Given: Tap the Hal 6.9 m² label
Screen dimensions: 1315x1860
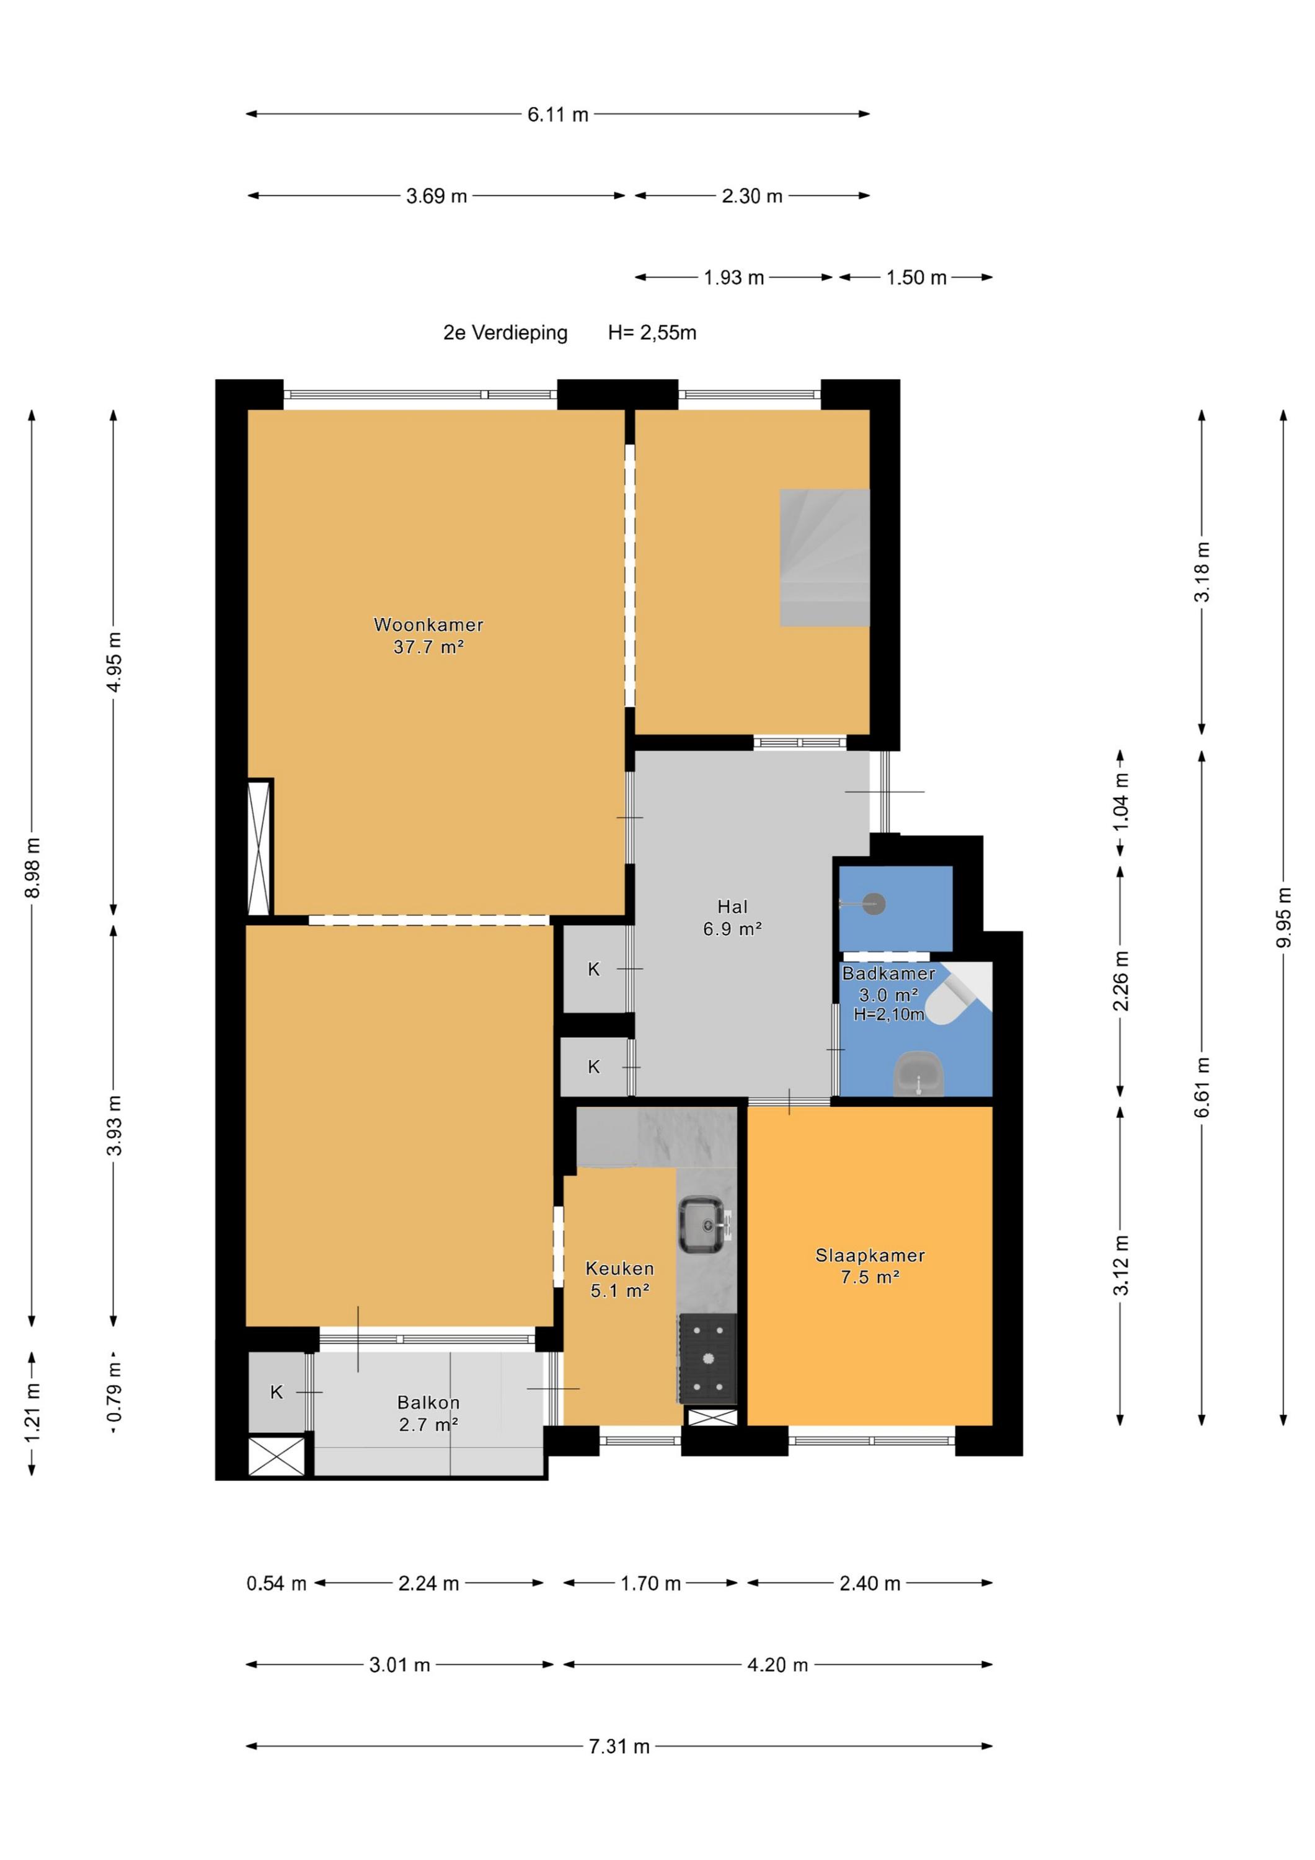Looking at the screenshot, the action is click(x=732, y=918).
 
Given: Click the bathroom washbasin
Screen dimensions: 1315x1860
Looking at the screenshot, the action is click(x=919, y=1074).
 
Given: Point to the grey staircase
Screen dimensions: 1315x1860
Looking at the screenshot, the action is click(x=824, y=557).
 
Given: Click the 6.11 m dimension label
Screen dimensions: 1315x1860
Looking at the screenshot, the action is click(x=557, y=114).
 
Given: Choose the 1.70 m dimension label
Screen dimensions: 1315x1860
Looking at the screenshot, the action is click(x=650, y=1583).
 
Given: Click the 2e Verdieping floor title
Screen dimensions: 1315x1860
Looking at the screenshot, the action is click(x=505, y=333).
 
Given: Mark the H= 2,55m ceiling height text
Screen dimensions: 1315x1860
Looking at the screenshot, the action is click(x=652, y=333).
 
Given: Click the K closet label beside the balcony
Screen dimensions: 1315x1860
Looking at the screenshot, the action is click(x=277, y=1392).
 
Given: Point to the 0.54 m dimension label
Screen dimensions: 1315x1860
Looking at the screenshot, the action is click(x=277, y=1583).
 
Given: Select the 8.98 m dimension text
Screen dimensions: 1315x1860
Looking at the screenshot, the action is click(x=32, y=867).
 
